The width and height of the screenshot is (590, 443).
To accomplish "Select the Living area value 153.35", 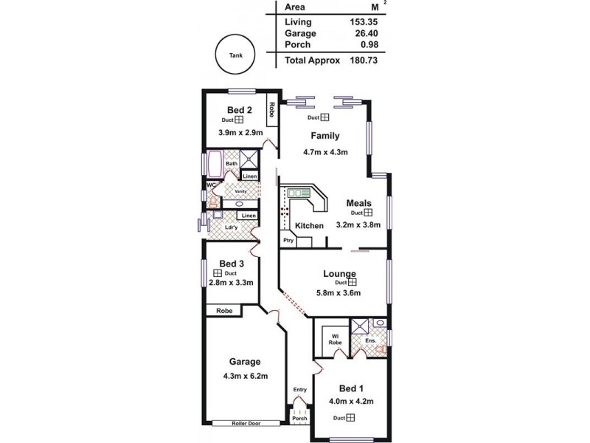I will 363,21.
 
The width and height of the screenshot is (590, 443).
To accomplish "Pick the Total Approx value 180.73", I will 363,61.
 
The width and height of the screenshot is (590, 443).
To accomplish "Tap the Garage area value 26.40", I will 363,33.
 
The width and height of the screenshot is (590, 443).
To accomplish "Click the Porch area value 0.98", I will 367,45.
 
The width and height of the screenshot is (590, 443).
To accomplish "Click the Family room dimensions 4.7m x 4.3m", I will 324,151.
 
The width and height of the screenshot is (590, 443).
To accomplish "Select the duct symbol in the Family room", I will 324,117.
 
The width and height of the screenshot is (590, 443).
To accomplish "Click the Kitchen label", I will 309,225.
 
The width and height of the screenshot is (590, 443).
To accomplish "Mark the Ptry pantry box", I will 286,241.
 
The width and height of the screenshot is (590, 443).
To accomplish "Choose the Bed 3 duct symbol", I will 218,272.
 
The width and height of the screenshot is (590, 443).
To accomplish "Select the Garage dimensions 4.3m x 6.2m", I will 245,375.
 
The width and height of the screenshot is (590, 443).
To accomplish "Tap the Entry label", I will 299,389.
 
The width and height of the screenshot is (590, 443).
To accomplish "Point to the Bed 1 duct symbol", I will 351,418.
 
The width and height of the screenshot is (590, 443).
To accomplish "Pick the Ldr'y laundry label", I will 231,227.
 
